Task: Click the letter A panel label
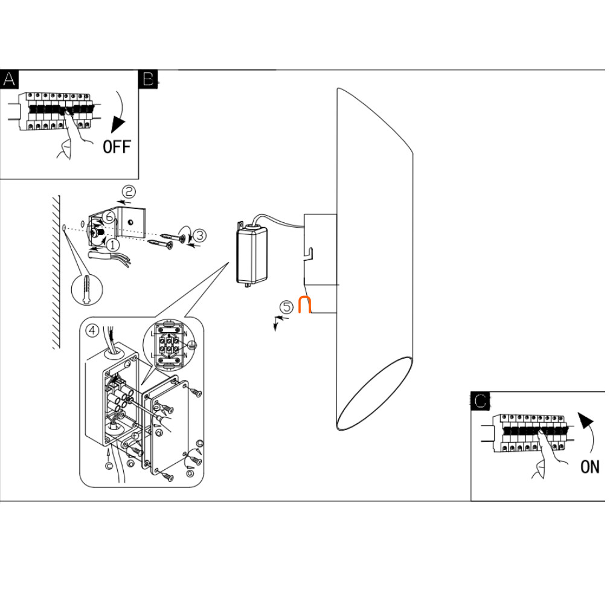[9, 79]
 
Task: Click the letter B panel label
[148, 79]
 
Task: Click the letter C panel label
[480, 401]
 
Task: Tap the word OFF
[117, 147]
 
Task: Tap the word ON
[590, 467]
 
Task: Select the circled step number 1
[112, 245]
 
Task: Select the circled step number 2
[129, 192]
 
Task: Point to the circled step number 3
[200, 236]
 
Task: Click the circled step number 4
[92, 331]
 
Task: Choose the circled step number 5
[287, 307]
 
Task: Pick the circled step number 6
[109, 217]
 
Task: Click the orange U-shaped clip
[304, 304]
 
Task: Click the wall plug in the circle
[87, 289]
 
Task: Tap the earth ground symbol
[192, 345]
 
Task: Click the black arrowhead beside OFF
[117, 125]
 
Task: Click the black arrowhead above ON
[586, 421]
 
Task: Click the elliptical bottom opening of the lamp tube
[374, 393]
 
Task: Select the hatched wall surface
[56, 272]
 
